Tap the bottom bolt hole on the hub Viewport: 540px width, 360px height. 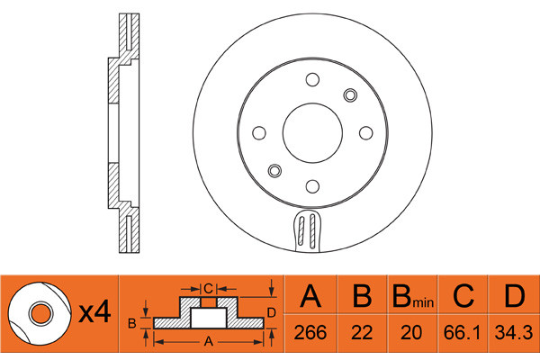click(x=312, y=186)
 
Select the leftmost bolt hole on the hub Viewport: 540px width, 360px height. click(x=259, y=133)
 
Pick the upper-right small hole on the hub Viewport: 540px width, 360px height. click(x=350, y=96)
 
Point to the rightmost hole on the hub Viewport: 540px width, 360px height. click(x=365, y=133)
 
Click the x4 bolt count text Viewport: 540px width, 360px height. click(x=94, y=313)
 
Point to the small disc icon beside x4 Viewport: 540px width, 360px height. click(x=39, y=312)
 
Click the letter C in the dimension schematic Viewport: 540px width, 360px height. click(x=208, y=288)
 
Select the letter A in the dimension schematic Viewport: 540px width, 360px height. click(x=208, y=341)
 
